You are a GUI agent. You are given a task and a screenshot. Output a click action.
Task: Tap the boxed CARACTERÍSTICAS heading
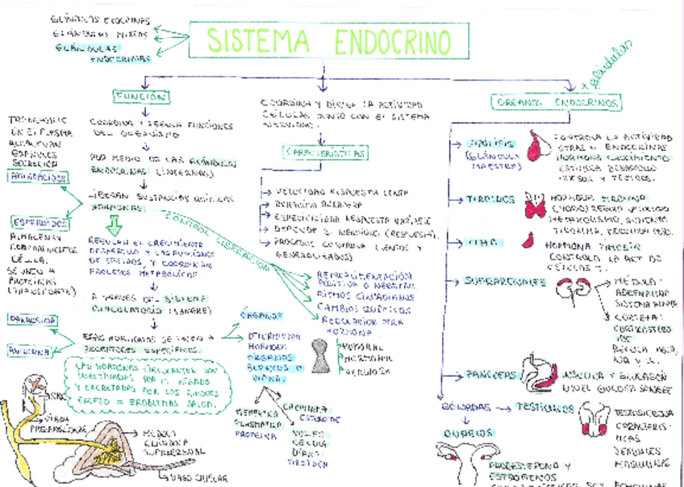tap(325, 153)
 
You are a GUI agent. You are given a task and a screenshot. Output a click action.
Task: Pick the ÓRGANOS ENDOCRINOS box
tap(557, 104)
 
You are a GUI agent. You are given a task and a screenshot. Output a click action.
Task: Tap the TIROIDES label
tap(490, 199)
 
